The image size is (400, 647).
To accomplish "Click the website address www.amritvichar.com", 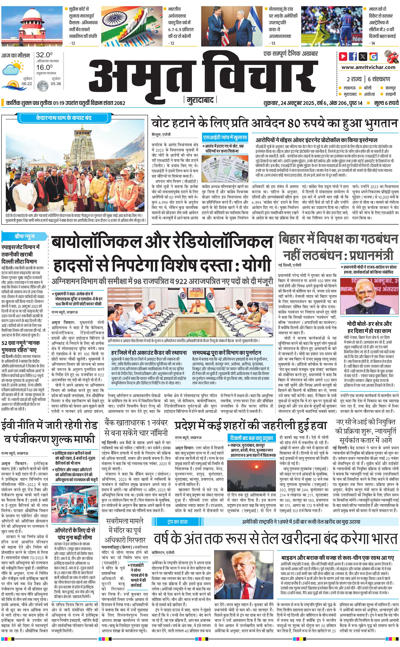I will pos(368,67).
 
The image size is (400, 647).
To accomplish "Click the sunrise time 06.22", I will pos(27,84).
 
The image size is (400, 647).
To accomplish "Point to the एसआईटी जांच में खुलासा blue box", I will pos(225,137).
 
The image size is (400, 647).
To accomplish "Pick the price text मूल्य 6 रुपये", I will pos(386,103).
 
